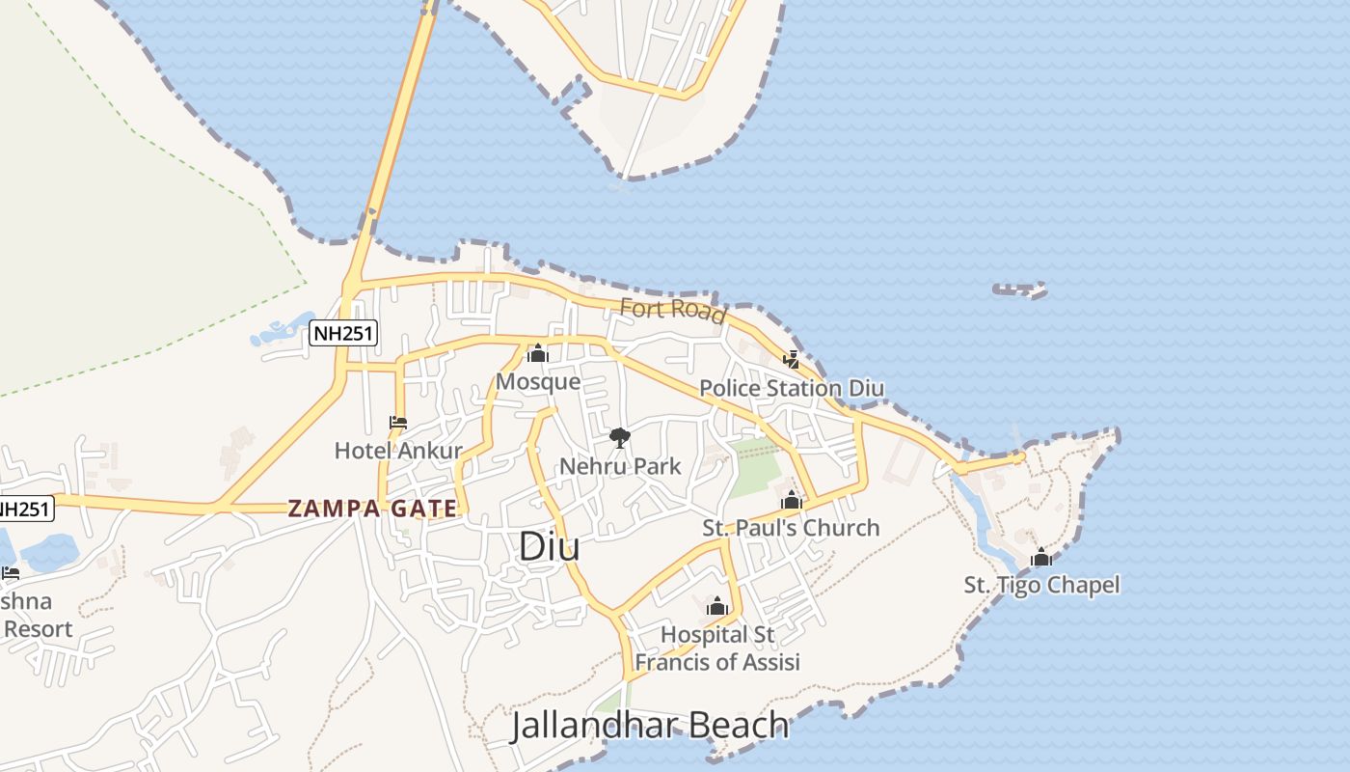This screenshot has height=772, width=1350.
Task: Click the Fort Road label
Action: pyautogui.click(x=673, y=310)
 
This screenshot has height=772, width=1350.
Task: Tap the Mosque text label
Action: pyautogui.click(x=538, y=381)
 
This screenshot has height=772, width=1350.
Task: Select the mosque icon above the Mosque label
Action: pyautogui.click(x=538, y=354)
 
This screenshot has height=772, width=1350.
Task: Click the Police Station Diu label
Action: pyautogui.click(x=791, y=388)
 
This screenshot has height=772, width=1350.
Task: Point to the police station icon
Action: pyautogui.click(x=792, y=360)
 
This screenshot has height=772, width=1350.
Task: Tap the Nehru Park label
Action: pyautogui.click(x=620, y=466)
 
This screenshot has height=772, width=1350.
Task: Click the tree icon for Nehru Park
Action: pyautogui.click(x=620, y=438)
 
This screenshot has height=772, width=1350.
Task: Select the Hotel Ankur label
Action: pyautogui.click(x=398, y=451)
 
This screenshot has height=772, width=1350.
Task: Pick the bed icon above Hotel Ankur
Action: pyautogui.click(x=397, y=423)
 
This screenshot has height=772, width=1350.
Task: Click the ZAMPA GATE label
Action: pyautogui.click(x=372, y=508)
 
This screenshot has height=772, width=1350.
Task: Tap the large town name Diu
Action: pyautogui.click(x=550, y=546)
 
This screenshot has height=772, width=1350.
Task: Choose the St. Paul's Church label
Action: pyautogui.click(x=791, y=528)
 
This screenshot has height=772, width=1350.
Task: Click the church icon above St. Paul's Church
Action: pyautogui.click(x=792, y=501)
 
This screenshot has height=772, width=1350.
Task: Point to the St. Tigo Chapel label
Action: pyautogui.click(x=1041, y=585)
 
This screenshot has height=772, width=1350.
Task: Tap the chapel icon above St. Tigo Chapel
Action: pyautogui.click(x=1041, y=558)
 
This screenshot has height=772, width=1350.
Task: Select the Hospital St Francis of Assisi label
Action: pyautogui.click(x=716, y=648)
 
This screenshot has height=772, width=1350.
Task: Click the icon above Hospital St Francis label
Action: pyautogui.click(x=716, y=606)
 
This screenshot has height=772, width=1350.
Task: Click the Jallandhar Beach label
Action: pyautogui.click(x=650, y=725)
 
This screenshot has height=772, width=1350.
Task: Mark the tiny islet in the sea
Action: pyautogui.click(x=1020, y=289)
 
